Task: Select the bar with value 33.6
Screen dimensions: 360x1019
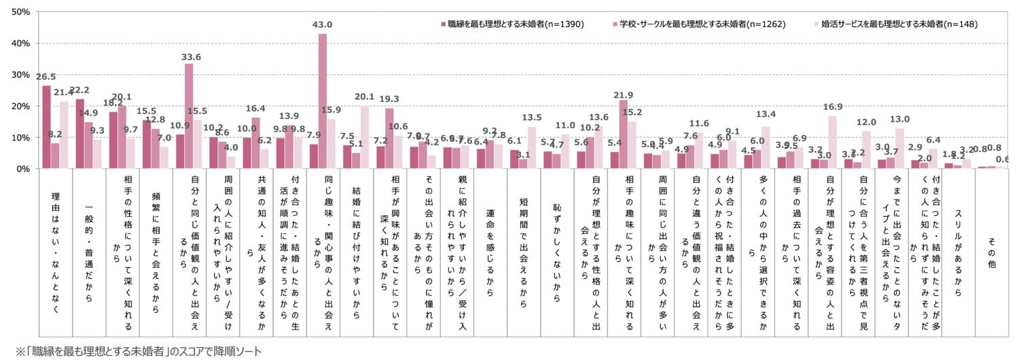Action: [x=189, y=115]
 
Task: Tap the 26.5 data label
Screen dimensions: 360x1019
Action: [x=46, y=77]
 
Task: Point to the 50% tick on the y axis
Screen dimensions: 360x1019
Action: [x=19, y=12]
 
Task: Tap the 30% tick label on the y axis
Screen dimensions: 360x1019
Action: [x=19, y=75]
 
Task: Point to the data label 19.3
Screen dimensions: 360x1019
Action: [x=389, y=98]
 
